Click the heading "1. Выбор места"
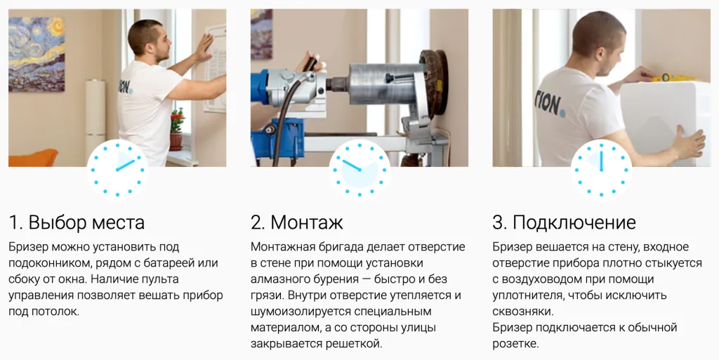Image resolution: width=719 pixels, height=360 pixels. (x=77, y=222)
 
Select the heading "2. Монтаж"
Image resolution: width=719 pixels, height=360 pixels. (x=297, y=222)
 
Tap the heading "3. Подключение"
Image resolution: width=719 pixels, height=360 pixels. (x=564, y=222)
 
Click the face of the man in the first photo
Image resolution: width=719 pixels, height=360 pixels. (x=159, y=46)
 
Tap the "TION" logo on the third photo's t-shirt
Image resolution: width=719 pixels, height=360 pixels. (x=548, y=104)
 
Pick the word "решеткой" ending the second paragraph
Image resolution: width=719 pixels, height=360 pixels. (x=357, y=343)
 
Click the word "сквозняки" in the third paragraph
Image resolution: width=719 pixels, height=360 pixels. (x=522, y=311)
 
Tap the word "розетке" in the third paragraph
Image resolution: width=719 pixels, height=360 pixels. (x=515, y=343)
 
